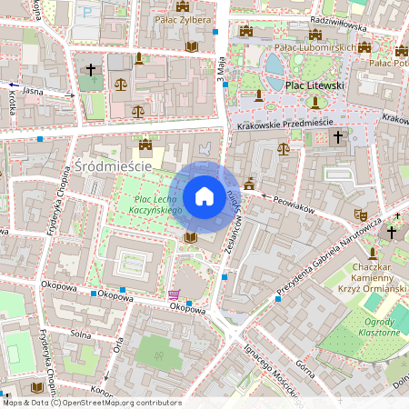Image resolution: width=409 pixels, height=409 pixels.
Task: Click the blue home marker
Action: [x=204, y=196]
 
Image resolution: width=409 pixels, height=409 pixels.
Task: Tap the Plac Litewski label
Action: [x=315, y=85]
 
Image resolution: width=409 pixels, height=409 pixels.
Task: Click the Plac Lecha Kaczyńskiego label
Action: [x=158, y=204]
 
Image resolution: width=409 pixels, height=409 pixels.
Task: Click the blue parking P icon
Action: [x=86, y=13]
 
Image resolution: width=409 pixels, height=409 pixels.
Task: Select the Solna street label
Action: [x=82, y=335]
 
